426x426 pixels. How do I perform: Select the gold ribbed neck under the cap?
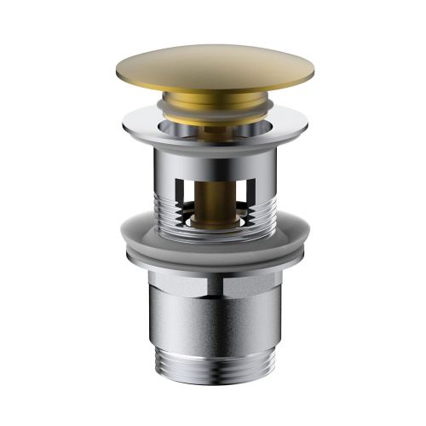[212, 101]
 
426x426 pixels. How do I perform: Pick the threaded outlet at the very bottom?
[213, 375]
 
